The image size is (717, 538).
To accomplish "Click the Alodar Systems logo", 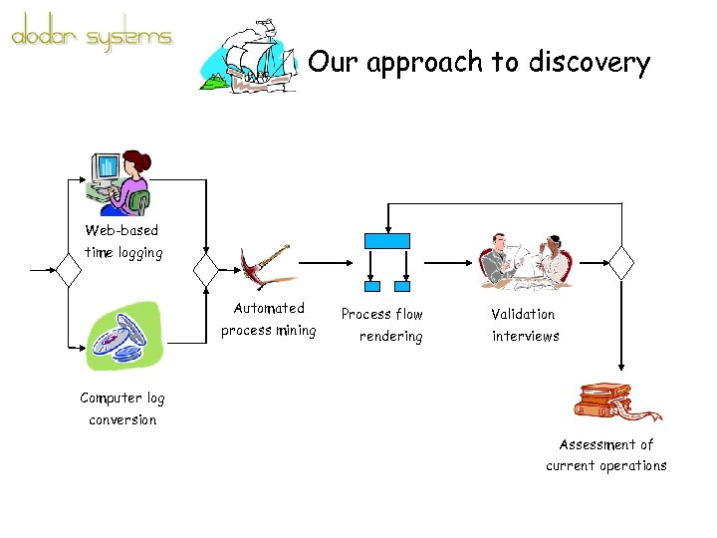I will coord(92,37).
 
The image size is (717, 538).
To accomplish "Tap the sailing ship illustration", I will coord(249,57).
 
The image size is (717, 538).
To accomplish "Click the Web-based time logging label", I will coord(122,241).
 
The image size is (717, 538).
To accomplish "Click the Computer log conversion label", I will coord(122,408).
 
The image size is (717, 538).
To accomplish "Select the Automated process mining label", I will coord(269,320).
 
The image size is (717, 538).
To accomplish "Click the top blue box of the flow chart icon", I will coord(387,240).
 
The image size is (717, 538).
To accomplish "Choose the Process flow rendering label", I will coord(382,325).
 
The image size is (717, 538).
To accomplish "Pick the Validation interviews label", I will coord(525,325).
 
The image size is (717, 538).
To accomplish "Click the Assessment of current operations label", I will coord(606,455).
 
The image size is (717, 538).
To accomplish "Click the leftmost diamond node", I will coord(69,268).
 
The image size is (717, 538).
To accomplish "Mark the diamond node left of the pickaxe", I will coord(206,268).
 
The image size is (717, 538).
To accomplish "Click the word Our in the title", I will coord(332,63).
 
